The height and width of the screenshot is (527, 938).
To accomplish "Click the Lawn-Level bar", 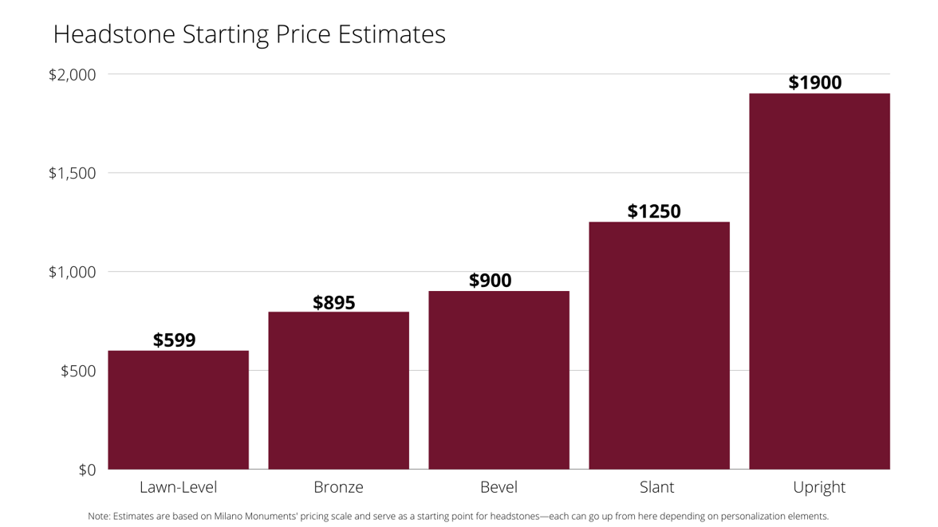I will click(x=178, y=410).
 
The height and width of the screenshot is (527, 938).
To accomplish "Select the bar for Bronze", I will click(x=338, y=391).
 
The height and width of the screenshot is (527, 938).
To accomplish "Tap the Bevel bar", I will click(x=499, y=380).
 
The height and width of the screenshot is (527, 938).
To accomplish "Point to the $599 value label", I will click(x=174, y=340).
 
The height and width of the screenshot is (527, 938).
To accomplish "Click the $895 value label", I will click(x=333, y=303).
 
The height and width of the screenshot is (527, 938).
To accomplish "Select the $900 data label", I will click(x=490, y=281).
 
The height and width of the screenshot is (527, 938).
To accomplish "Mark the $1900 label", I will click(x=814, y=83).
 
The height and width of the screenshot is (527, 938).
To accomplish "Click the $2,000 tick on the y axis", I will click(x=72, y=75).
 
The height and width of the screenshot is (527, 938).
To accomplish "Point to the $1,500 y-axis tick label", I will click(x=72, y=173).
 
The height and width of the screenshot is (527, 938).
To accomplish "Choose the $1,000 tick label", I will click(x=72, y=272).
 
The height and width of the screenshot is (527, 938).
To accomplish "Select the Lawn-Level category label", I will click(x=178, y=487).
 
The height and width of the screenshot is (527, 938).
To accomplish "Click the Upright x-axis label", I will click(x=819, y=487).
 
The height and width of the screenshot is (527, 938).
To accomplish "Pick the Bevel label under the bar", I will click(x=499, y=487).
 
